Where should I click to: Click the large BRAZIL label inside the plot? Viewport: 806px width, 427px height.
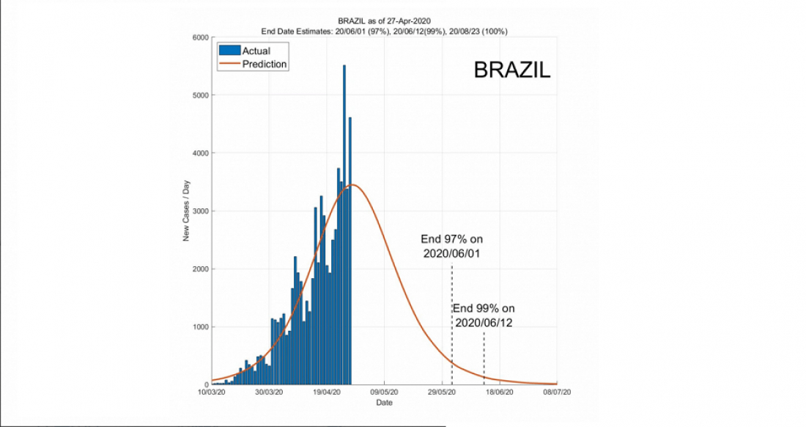[511, 70]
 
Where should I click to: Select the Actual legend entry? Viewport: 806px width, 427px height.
[256, 51]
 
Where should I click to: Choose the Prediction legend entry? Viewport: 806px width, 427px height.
[264, 65]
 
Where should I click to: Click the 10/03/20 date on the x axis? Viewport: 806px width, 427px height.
[212, 393]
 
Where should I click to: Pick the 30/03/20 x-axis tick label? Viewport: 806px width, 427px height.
[269, 393]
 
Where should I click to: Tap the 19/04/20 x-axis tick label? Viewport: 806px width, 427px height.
[327, 393]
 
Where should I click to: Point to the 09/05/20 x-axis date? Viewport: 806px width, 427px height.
[384, 393]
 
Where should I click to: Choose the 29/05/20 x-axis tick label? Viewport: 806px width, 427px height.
[442, 393]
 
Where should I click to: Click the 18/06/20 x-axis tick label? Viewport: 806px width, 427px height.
[499, 393]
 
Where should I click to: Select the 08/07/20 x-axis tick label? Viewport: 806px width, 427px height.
[556, 393]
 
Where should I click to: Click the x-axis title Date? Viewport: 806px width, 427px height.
[384, 404]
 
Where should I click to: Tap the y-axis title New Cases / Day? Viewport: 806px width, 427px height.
[187, 211]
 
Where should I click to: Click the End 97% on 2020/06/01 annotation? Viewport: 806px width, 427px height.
[451, 247]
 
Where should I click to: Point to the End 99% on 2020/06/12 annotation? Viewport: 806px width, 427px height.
[484, 315]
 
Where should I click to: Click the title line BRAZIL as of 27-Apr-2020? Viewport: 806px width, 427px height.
[384, 21]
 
